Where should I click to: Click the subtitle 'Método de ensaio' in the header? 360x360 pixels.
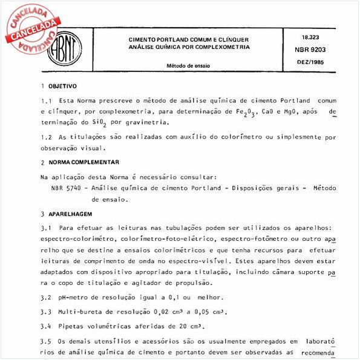tap(188, 65)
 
